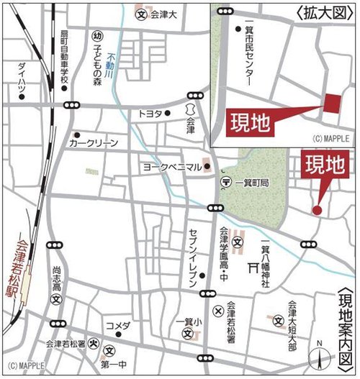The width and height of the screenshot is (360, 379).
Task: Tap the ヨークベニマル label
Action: click(171, 167)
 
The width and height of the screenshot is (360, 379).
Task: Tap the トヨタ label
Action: click(150, 114)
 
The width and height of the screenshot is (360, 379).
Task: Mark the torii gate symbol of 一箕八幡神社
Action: click(253, 268)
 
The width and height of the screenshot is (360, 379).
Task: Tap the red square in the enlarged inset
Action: click(331, 104)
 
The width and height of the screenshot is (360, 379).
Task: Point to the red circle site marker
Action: click(316, 210)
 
